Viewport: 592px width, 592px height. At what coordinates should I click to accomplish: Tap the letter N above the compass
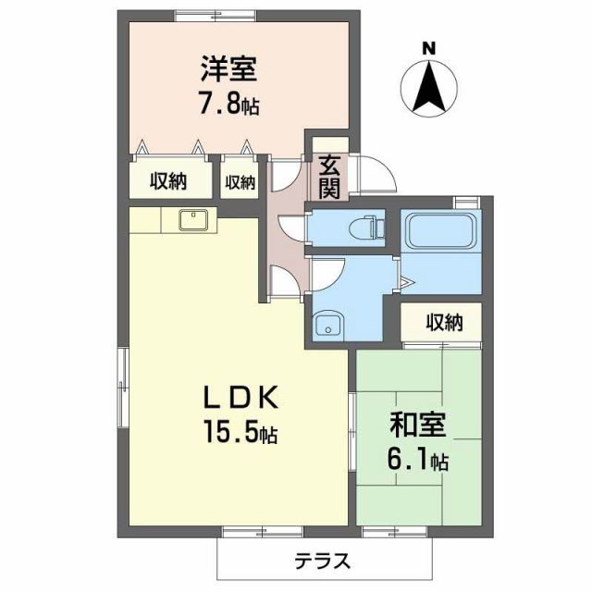(x=429, y=48)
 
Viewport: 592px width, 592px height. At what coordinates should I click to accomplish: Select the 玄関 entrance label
(x=329, y=176)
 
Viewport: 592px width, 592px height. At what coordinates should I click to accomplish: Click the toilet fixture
(x=369, y=227)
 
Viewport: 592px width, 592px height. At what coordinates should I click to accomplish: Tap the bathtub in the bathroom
(x=438, y=228)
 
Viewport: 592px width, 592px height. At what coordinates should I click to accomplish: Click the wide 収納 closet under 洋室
(x=168, y=181)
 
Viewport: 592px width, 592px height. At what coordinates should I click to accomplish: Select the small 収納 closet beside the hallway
(x=239, y=182)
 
